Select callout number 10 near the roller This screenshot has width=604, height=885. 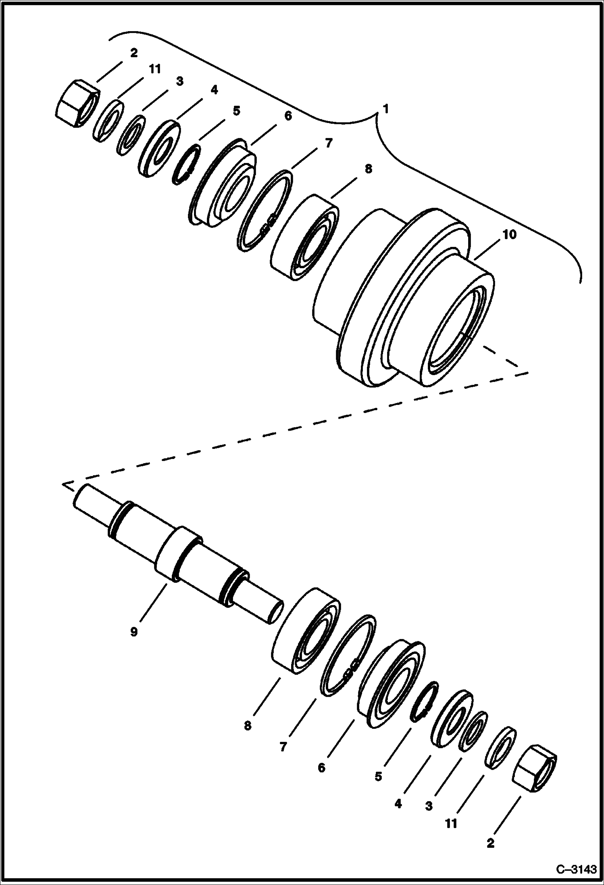[510, 235]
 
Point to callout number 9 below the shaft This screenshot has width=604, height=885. [134, 632]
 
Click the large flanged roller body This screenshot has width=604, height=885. [403, 298]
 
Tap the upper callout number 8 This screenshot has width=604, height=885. [368, 169]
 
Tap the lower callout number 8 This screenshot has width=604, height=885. [247, 726]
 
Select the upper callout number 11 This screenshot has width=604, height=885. [155, 69]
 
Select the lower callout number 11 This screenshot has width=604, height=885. [451, 823]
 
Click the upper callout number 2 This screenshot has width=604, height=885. [134, 52]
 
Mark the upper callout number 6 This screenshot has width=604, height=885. [287, 116]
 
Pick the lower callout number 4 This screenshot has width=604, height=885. [398, 804]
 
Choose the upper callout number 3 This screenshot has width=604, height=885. [179, 81]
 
